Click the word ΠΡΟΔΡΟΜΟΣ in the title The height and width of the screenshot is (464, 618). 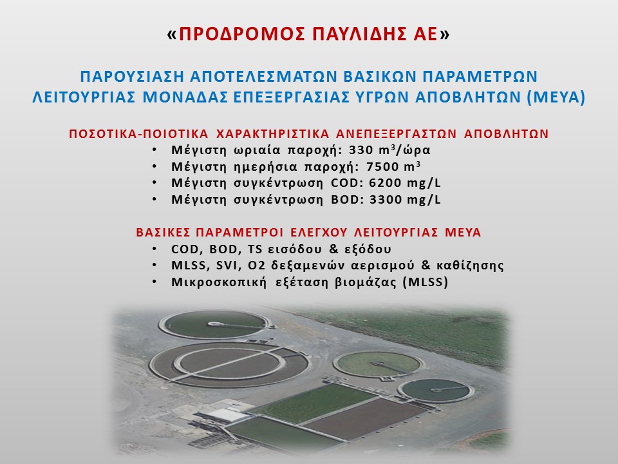tap(241, 34)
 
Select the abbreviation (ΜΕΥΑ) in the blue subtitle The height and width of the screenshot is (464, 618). tap(556, 97)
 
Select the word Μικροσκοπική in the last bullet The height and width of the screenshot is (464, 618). tap(219, 282)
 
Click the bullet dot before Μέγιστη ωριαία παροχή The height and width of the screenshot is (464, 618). tap(155, 150)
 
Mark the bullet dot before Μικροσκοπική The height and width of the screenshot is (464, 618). tap(155, 282)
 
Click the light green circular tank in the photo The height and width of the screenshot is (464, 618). tap(378, 363)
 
